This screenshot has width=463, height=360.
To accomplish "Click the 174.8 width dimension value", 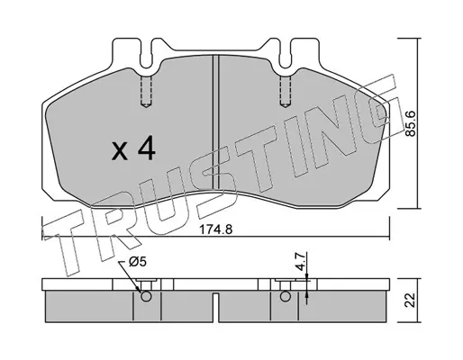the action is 216,229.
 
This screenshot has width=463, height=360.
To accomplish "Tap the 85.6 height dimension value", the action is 410,123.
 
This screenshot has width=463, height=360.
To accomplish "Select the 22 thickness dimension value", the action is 410,300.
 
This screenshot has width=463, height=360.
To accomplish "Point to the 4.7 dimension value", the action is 301,263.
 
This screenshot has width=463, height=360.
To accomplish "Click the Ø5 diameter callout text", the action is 138,263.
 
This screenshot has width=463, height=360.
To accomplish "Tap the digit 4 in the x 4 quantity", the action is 147,148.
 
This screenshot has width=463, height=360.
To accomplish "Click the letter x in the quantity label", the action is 120,152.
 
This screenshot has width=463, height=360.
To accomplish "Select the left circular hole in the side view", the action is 146,296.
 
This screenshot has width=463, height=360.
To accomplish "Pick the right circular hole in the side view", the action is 286,296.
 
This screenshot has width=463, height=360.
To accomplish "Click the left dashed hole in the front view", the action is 146,91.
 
